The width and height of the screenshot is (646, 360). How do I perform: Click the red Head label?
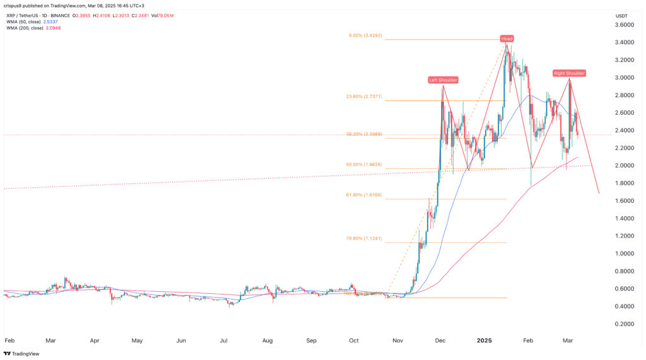[x=507, y=38]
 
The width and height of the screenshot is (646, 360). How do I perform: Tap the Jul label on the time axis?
[x=224, y=340]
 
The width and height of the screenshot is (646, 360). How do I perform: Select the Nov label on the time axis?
[x=397, y=340]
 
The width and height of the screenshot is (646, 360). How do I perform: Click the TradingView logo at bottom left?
[x=22, y=354]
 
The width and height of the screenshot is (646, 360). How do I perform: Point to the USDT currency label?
[x=622, y=16]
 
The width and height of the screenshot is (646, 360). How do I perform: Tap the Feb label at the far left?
[x=9, y=340]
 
